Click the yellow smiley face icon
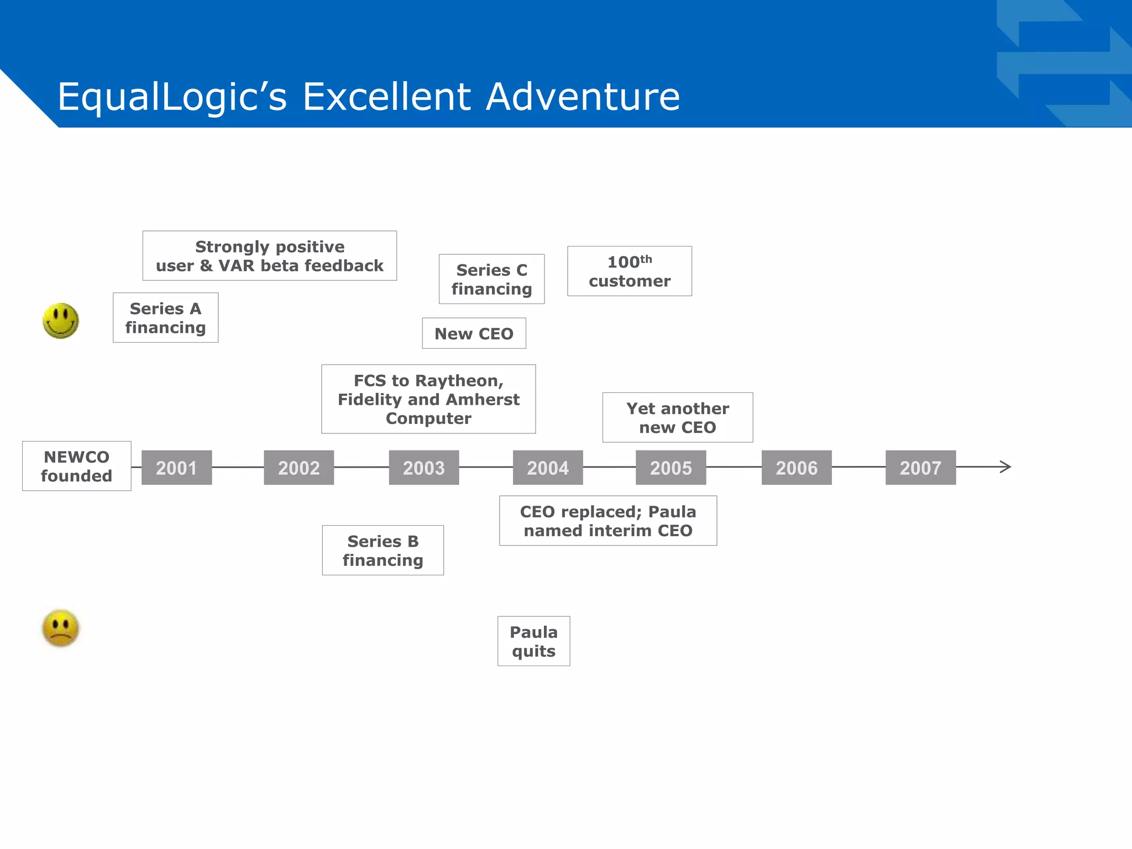click(61, 321)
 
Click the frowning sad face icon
click(61, 628)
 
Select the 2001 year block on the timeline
click(176, 468)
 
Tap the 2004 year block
click(548, 468)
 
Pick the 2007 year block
click(920, 468)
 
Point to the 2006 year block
click(796, 468)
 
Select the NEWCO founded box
click(77, 466)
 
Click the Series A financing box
click(165, 318)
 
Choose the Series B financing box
click(382, 551)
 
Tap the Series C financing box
click(491, 279)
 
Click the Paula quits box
click(533, 641)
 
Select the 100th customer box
click(630, 271)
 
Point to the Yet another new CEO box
click(678, 418)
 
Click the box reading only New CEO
click(474, 333)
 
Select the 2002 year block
click(298, 468)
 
